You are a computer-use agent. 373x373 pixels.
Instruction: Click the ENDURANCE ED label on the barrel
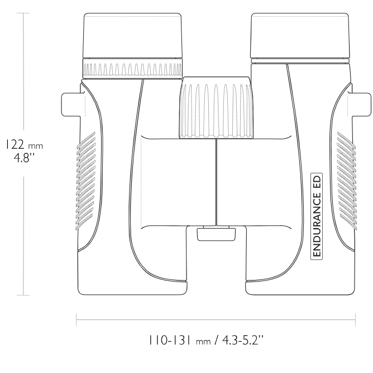(x=317, y=216)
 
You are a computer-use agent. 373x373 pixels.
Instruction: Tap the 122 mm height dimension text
(x=25, y=144)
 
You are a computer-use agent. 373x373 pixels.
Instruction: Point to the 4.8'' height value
(x=25, y=157)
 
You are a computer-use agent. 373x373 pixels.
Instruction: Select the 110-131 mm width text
(x=180, y=340)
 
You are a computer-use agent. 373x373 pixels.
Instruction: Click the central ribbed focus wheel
(x=216, y=108)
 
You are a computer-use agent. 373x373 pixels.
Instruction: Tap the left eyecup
(x=132, y=36)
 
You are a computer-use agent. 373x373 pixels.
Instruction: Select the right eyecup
(x=300, y=36)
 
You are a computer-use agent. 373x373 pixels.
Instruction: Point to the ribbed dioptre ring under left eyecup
(x=132, y=69)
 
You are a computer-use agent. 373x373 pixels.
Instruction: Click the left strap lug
(x=71, y=105)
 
